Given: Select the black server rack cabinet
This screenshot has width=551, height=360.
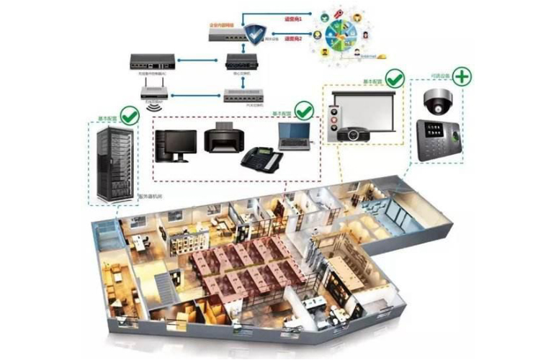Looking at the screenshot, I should pos(112,161).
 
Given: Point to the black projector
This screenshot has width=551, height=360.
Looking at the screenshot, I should pos(351,134).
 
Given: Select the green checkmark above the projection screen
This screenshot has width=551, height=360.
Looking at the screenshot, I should pos(394,77).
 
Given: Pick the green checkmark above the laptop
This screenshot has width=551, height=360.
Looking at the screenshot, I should pos(304,110).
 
